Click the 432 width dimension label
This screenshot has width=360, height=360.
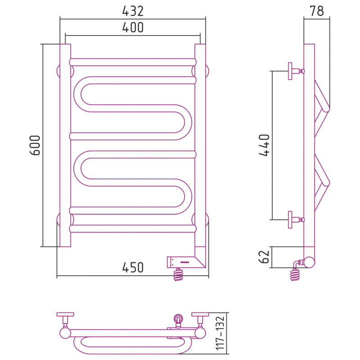[133, 11]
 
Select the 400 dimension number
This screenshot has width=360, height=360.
[133, 27]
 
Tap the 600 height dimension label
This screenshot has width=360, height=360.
[35, 145]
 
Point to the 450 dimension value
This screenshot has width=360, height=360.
[133, 267]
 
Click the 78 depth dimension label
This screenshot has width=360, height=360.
[317, 11]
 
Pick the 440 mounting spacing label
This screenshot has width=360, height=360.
[264, 145]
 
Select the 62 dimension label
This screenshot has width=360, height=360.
[264, 256]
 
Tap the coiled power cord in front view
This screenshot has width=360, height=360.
[179, 274]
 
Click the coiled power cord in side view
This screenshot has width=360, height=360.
[295, 274]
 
